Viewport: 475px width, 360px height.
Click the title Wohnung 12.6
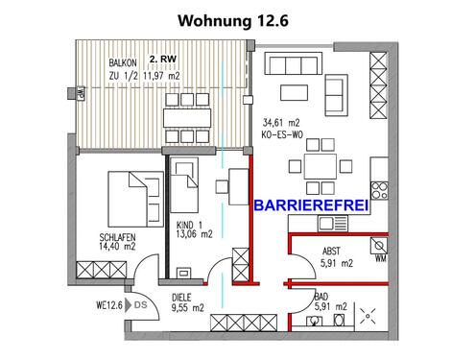click(237, 18)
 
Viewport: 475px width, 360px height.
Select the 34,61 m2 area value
click(282, 123)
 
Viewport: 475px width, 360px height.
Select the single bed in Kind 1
click(185, 187)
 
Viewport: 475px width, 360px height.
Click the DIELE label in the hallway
click(179, 297)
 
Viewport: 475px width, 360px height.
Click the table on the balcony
click(189, 117)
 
